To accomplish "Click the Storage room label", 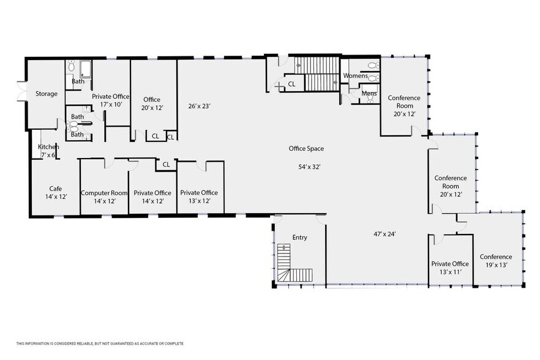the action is coord(47,94).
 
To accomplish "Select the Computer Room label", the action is coord(104,193).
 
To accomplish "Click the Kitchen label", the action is coord(48,147).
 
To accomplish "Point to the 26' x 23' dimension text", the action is coord(199,106).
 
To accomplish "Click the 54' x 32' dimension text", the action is coord(309,167).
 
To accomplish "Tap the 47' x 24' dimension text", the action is coord(384,234).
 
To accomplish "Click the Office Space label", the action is coord(306,149).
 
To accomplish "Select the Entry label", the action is coord(299,238).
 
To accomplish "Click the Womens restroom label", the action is coord(355,75).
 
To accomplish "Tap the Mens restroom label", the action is coord(369,93).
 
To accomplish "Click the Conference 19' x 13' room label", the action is coord(496,261).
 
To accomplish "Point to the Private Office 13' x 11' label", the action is coord(450,268).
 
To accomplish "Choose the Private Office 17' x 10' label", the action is coord(111,100).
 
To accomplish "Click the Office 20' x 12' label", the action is coord(152,103).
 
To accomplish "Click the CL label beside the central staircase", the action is coord(291,84).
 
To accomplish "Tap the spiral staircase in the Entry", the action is coord(295,264).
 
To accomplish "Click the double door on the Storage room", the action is coord(21,91).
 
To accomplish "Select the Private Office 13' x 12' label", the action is coord(199,197).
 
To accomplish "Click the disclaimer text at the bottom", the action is coord(100,343).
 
